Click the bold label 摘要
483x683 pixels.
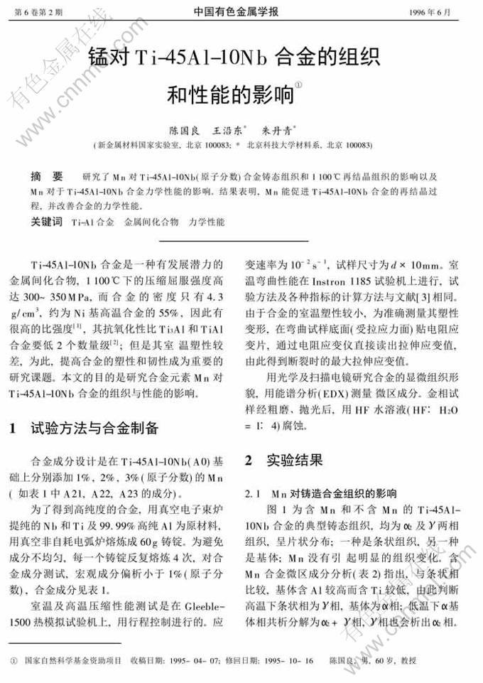click(x=47, y=176)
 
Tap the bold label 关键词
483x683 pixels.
click(x=47, y=222)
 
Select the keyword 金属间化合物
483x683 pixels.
click(x=151, y=222)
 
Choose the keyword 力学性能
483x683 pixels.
click(x=207, y=222)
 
